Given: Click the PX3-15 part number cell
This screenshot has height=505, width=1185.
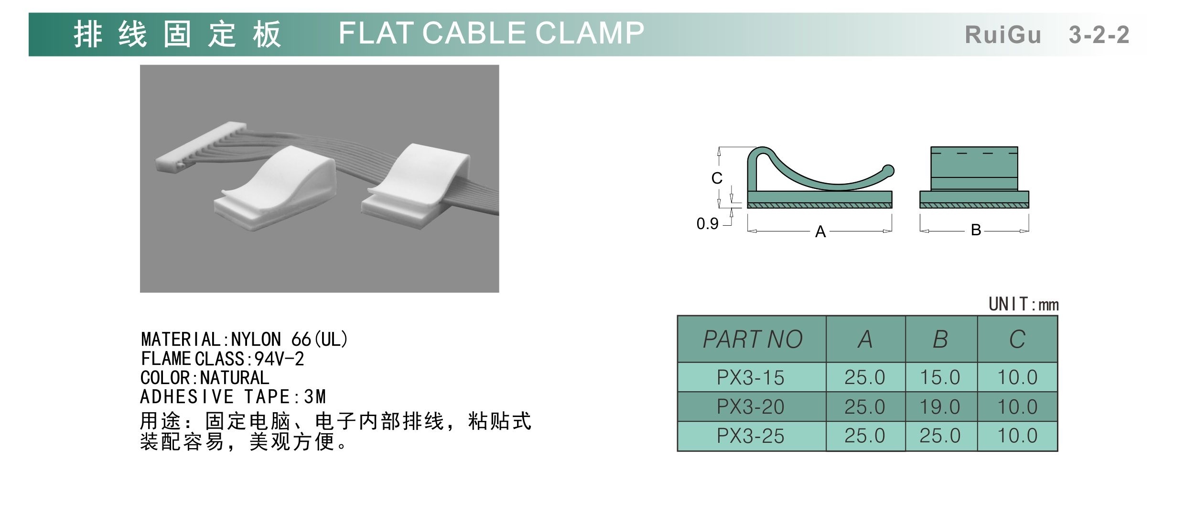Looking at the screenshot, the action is tap(751, 378).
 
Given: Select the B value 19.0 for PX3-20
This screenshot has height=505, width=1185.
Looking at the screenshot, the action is tap(940, 407).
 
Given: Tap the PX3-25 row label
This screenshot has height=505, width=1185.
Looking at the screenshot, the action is tap(751, 436).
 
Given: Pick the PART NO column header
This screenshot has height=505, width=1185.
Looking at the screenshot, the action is tap(753, 340).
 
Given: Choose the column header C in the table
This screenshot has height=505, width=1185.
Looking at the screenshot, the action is tap(1017, 340).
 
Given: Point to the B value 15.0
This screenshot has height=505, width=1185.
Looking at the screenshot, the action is tap(940, 378).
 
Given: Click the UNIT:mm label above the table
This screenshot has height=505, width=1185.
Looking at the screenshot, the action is tap(1023, 304).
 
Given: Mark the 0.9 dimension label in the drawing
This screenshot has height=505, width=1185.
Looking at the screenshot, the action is tap(707, 223).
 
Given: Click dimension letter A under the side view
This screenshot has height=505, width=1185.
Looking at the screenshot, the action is tap(820, 232).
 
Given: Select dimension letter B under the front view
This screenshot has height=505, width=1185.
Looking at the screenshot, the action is tap(976, 230).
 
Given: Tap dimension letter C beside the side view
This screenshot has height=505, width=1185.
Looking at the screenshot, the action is tap(717, 178).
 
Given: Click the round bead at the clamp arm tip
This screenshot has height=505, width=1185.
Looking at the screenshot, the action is tap(889, 171).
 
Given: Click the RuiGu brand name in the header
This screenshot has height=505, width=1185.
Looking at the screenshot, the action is tap(1003, 35).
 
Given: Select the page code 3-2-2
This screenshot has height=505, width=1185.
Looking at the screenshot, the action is tap(1099, 35).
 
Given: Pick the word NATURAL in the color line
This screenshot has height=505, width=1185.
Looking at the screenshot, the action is tap(235, 378).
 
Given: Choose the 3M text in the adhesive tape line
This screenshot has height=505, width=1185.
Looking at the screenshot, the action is tap(315, 397).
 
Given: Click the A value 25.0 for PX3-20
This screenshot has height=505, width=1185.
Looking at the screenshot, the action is tap(865, 407).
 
